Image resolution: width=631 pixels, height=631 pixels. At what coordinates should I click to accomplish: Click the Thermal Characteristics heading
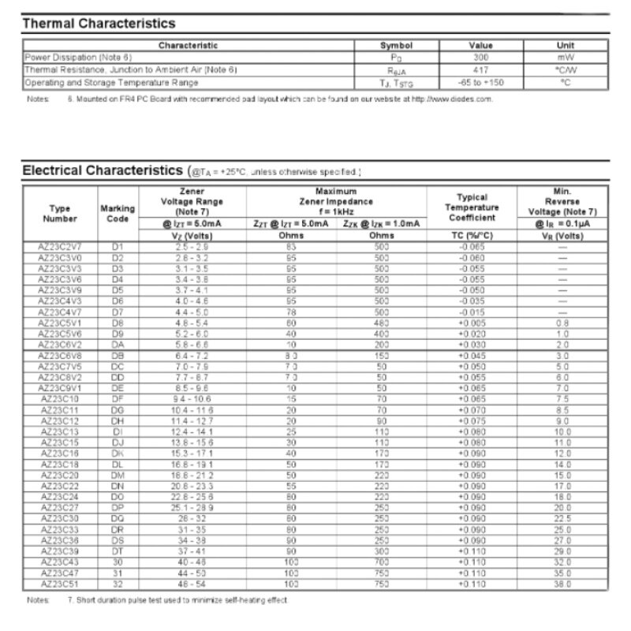[x=99, y=24]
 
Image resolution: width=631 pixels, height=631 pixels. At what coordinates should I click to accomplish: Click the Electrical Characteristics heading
[x=103, y=170]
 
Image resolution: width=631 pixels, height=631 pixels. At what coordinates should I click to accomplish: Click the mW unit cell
[x=565, y=58]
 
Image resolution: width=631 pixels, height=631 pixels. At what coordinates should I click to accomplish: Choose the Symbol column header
[x=396, y=46]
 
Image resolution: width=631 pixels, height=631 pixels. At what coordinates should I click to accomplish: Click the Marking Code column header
[x=118, y=213]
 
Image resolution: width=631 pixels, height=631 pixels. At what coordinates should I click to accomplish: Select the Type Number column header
[x=60, y=213]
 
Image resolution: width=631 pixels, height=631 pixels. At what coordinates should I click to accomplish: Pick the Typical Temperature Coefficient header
[x=472, y=207]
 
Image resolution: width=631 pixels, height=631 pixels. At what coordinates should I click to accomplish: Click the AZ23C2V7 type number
[x=60, y=247]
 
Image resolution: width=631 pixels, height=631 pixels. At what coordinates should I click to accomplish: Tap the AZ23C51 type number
[x=60, y=584]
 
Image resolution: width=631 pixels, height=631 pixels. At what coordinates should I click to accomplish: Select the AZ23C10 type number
[x=60, y=400]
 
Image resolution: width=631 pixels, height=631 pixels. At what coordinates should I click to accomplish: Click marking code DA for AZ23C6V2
[x=118, y=345]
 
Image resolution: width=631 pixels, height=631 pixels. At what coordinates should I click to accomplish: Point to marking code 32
[x=118, y=584]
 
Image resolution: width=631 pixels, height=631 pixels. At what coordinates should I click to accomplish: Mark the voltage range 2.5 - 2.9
[x=192, y=247]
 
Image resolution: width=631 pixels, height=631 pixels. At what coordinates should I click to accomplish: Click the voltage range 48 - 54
[x=192, y=584]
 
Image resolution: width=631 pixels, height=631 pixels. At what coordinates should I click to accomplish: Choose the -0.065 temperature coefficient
[x=472, y=247]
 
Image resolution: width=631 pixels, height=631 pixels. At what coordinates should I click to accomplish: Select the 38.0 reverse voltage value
[x=561, y=584]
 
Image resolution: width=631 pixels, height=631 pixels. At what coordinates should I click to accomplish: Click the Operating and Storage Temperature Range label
[x=111, y=81]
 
